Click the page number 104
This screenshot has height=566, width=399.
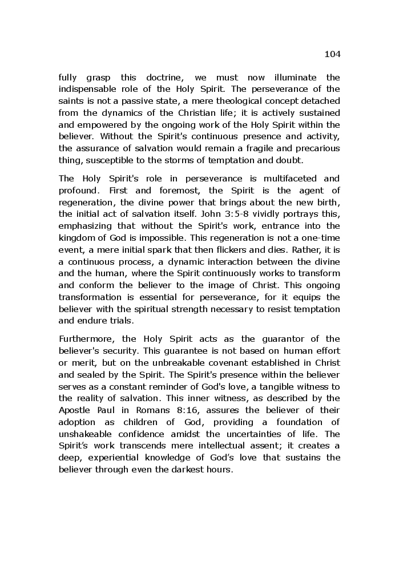(x=332, y=54)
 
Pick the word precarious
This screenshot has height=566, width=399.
(x=316, y=148)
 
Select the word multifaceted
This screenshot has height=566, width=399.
(x=276, y=178)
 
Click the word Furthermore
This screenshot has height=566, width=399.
(x=84, y=339)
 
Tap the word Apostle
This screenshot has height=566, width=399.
(x=74, y=410)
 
